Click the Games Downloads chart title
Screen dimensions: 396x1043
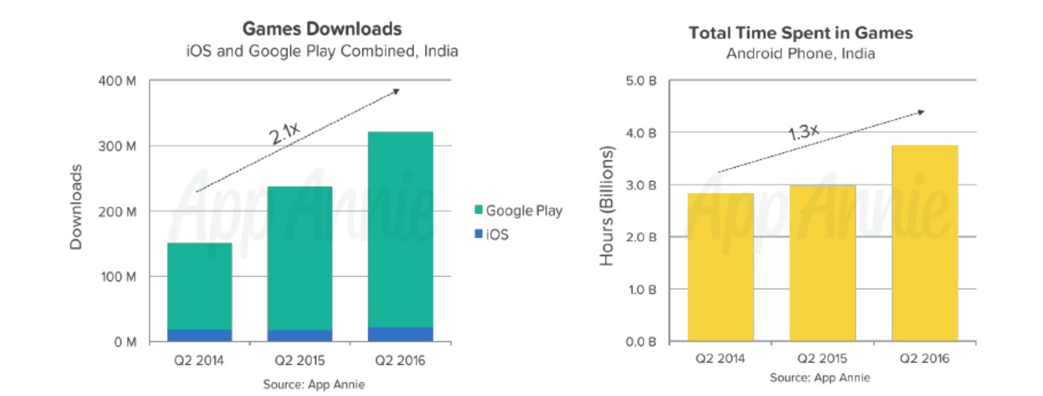point(322,29)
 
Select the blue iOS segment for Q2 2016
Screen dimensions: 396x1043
point(400,334)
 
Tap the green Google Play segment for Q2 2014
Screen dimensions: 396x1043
point(199,287)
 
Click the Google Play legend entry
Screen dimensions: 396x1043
point(518,210)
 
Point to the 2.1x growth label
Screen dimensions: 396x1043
point(285,134)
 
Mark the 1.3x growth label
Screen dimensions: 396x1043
point(803,132)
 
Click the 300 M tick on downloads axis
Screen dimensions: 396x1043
point(118,146)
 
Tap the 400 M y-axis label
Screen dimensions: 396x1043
point(118,81)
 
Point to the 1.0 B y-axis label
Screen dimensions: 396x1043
point(641,289)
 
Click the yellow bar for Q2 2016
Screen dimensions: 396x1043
point(924,242)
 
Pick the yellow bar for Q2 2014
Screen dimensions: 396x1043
point(720,266)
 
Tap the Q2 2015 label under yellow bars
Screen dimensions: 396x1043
point(822,358)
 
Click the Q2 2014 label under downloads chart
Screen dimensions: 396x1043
point(199,360)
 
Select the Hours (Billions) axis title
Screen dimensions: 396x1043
point(607,206)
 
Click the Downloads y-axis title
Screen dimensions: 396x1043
point(76,206)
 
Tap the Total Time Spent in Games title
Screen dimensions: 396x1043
point(801,33)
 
